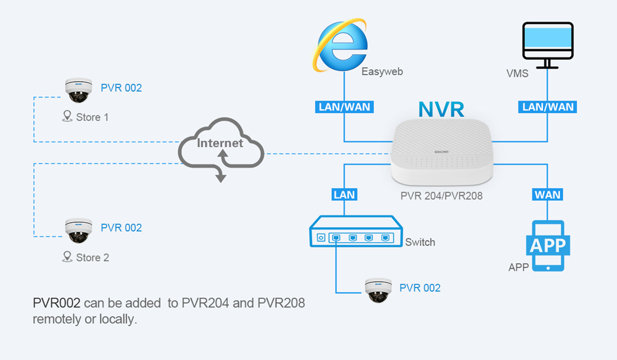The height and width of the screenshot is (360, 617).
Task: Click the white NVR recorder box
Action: tap(443, 152)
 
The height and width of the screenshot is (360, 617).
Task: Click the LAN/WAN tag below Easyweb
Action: tap(344, 107)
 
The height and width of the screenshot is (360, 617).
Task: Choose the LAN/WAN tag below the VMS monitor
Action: tap(548, 107)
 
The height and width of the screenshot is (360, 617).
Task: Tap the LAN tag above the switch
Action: tap(344, 195)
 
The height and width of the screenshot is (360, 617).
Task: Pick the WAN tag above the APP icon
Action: tap(548, 195)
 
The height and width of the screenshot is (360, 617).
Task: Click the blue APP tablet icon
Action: tap(548, 246)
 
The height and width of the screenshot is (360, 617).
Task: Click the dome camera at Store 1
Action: tap(78, 90)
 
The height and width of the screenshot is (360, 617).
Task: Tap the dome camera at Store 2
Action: tap(78, 230)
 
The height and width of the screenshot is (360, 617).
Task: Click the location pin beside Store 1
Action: tap(67, 116)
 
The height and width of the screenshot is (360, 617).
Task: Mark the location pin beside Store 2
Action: tap(67, 256)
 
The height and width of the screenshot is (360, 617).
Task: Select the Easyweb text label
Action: tap(382, 72)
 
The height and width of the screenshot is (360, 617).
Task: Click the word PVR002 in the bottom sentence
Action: tap(56, 303)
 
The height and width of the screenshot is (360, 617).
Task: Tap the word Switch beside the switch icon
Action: tap(420, 242)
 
